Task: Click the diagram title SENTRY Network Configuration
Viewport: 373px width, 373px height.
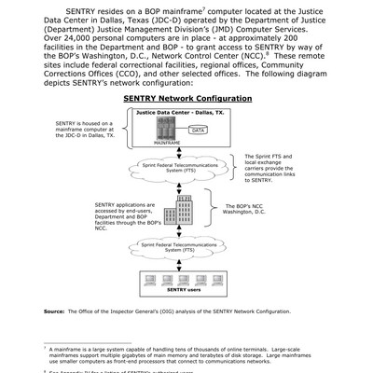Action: click(x=187, y=97)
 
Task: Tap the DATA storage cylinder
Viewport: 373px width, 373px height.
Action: click(x=199, y=131)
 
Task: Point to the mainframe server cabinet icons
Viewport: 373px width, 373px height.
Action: click(x=155, y=127)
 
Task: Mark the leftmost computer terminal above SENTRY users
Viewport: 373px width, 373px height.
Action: click(x=146, y=277)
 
